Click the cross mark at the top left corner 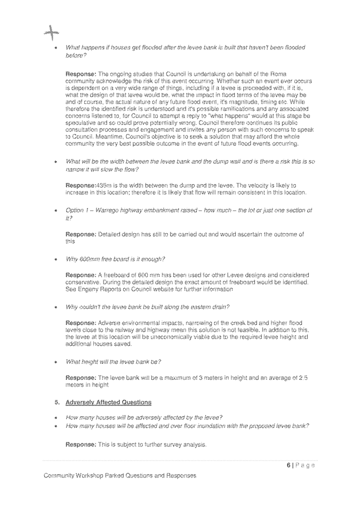pyautogui.click(x=51, y=34)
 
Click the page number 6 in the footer pyautogui.click(x=288, y=465)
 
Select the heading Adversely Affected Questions pyautogui.click(x=108, y=402)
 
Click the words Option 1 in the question pyautogui.click(x=77, y=210)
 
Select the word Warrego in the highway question pyautogui.click(x=107, y=210)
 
